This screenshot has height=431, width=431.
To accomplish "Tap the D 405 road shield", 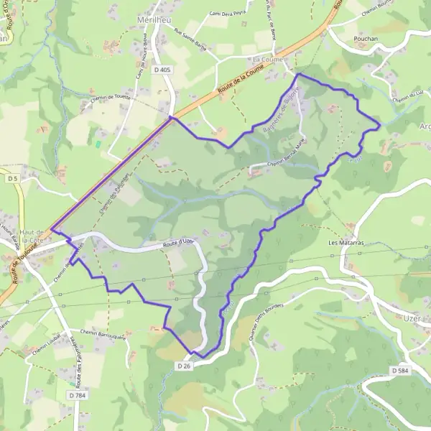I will [163, 69].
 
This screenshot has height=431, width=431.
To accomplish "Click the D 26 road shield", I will [185, 366].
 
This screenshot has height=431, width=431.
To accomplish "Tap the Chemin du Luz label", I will [409, 98].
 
